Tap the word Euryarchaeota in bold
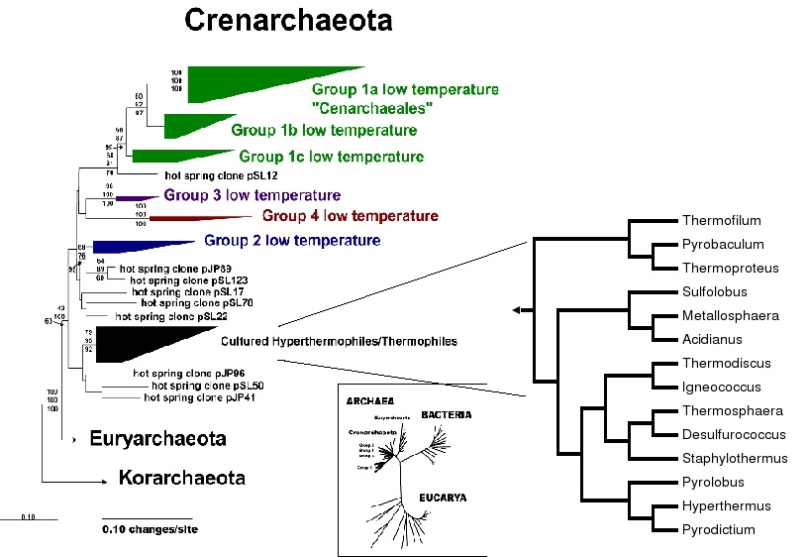point(157,438)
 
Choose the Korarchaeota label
point(181,478)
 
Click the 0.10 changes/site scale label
point(150,529)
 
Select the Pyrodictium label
point(718,530)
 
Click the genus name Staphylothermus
point(735,458)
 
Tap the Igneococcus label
point(719,388)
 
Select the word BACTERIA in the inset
point(446,414)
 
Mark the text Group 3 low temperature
point(252,195)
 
